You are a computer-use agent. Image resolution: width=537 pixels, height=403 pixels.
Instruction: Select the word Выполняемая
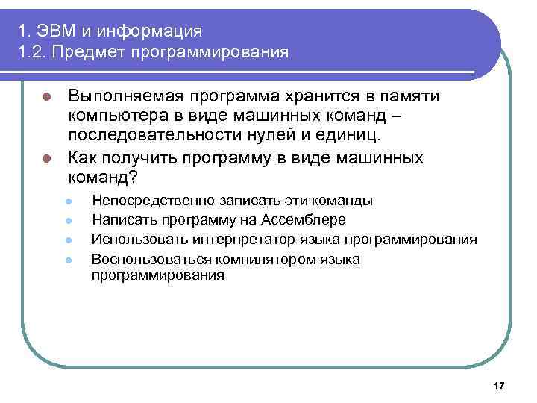126,97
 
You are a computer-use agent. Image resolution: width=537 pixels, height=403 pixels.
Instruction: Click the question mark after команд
134,178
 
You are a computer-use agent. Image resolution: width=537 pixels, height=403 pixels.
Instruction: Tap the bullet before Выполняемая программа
45,98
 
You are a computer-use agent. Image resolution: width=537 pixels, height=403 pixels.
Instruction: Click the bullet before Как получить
45,159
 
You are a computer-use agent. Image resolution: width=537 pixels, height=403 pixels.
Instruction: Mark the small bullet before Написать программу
68,221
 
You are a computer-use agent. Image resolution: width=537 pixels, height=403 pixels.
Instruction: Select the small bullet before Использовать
68,240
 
